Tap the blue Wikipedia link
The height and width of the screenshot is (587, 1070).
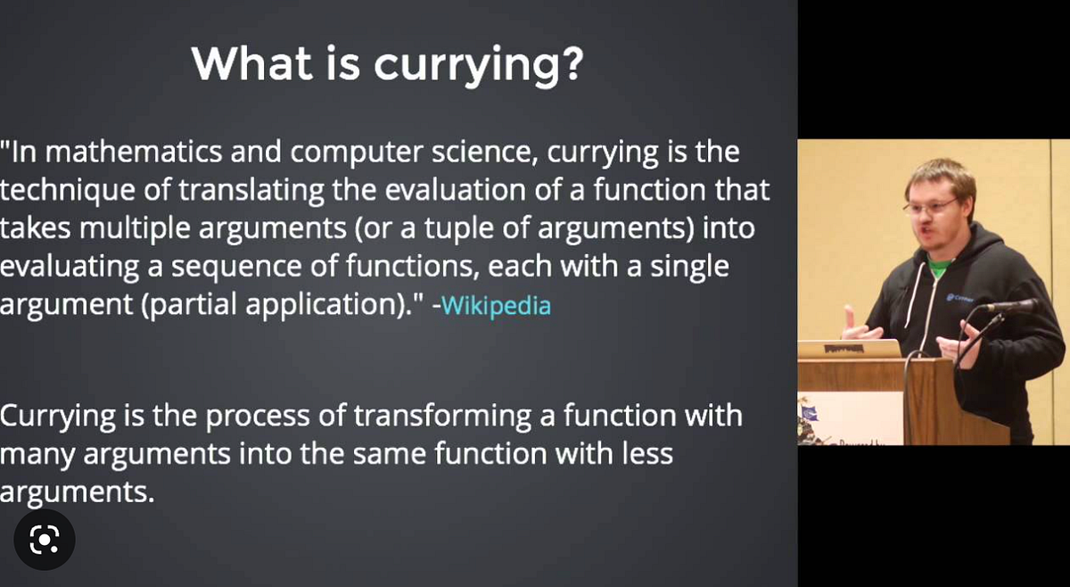496,306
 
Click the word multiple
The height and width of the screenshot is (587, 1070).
149,228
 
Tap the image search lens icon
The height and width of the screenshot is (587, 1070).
44,540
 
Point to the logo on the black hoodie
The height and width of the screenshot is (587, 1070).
959,300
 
